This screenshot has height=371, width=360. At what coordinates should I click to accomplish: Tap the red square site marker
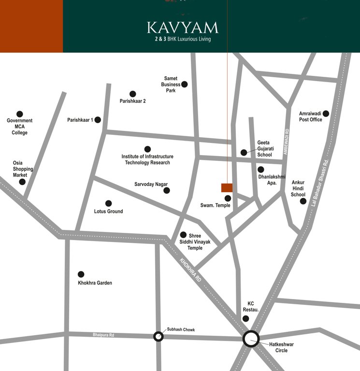click(x=227, y=188)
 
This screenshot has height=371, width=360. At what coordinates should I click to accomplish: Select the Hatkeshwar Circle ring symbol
click(x=251, y=339)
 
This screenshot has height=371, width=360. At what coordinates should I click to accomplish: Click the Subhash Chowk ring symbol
click(x=158, y=336)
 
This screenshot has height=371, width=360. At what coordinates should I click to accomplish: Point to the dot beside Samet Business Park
click(x=184, y=84)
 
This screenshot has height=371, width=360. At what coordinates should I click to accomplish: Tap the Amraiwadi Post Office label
click(x=310, y=116)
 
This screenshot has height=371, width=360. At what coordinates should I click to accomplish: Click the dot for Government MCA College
click(x=20, y=114)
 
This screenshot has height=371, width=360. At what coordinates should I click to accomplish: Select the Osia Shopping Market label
click(x=23, y=169)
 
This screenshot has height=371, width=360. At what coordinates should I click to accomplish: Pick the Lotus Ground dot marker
click(x=109, y=203)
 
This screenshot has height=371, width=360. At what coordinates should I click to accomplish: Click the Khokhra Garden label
click(x=95, y=283)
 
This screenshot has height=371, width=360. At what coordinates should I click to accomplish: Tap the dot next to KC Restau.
click(x=245, y=318)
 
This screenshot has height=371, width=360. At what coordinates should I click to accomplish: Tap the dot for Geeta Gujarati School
click(x=244, y=153)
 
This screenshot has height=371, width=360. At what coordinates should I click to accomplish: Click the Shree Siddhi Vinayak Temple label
click(x=195, y=242)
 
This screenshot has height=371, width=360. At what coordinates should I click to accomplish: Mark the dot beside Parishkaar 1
click(x=98, y=120)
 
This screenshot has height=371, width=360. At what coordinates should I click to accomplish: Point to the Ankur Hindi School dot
click(x=303, y=201)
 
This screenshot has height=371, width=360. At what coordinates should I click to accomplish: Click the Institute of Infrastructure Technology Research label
click(x=147, y=159)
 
